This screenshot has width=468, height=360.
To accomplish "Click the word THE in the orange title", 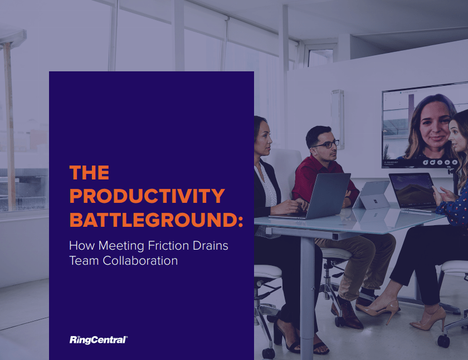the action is [x=89, y=173].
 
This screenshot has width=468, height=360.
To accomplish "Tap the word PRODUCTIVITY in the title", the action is [x=147, y=196].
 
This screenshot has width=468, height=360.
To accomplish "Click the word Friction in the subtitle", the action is [x=168, y=246].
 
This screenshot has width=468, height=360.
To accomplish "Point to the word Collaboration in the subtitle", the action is [x=140, y=261].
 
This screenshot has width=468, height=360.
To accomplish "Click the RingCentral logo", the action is [x=99, y=340].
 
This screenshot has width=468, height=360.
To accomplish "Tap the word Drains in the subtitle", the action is [x=211, y=246].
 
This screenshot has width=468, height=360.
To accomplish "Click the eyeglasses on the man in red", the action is [x=327, y=144].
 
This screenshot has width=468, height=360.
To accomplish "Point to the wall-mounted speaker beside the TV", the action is [x=338, y=119].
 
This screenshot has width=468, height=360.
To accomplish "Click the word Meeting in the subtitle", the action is [x=121, y=246].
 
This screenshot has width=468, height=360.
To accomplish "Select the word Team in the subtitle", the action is [x=84, y=261].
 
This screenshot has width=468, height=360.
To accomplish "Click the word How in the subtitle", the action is [x=82, y=246].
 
